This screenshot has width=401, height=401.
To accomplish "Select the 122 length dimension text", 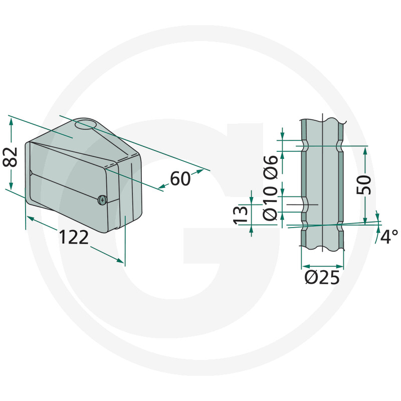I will (x=74, y=237).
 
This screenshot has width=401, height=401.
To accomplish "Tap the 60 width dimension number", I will (x=180, y=178).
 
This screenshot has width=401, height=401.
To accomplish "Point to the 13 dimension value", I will (x=242, y=215).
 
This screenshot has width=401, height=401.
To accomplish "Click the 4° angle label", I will (x=388, y=236).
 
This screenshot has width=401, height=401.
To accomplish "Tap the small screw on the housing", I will (x=102, y=199).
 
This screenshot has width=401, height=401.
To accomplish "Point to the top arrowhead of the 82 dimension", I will (x=10, y=120).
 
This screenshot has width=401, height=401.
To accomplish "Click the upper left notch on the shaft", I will (x=304, y=146).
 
